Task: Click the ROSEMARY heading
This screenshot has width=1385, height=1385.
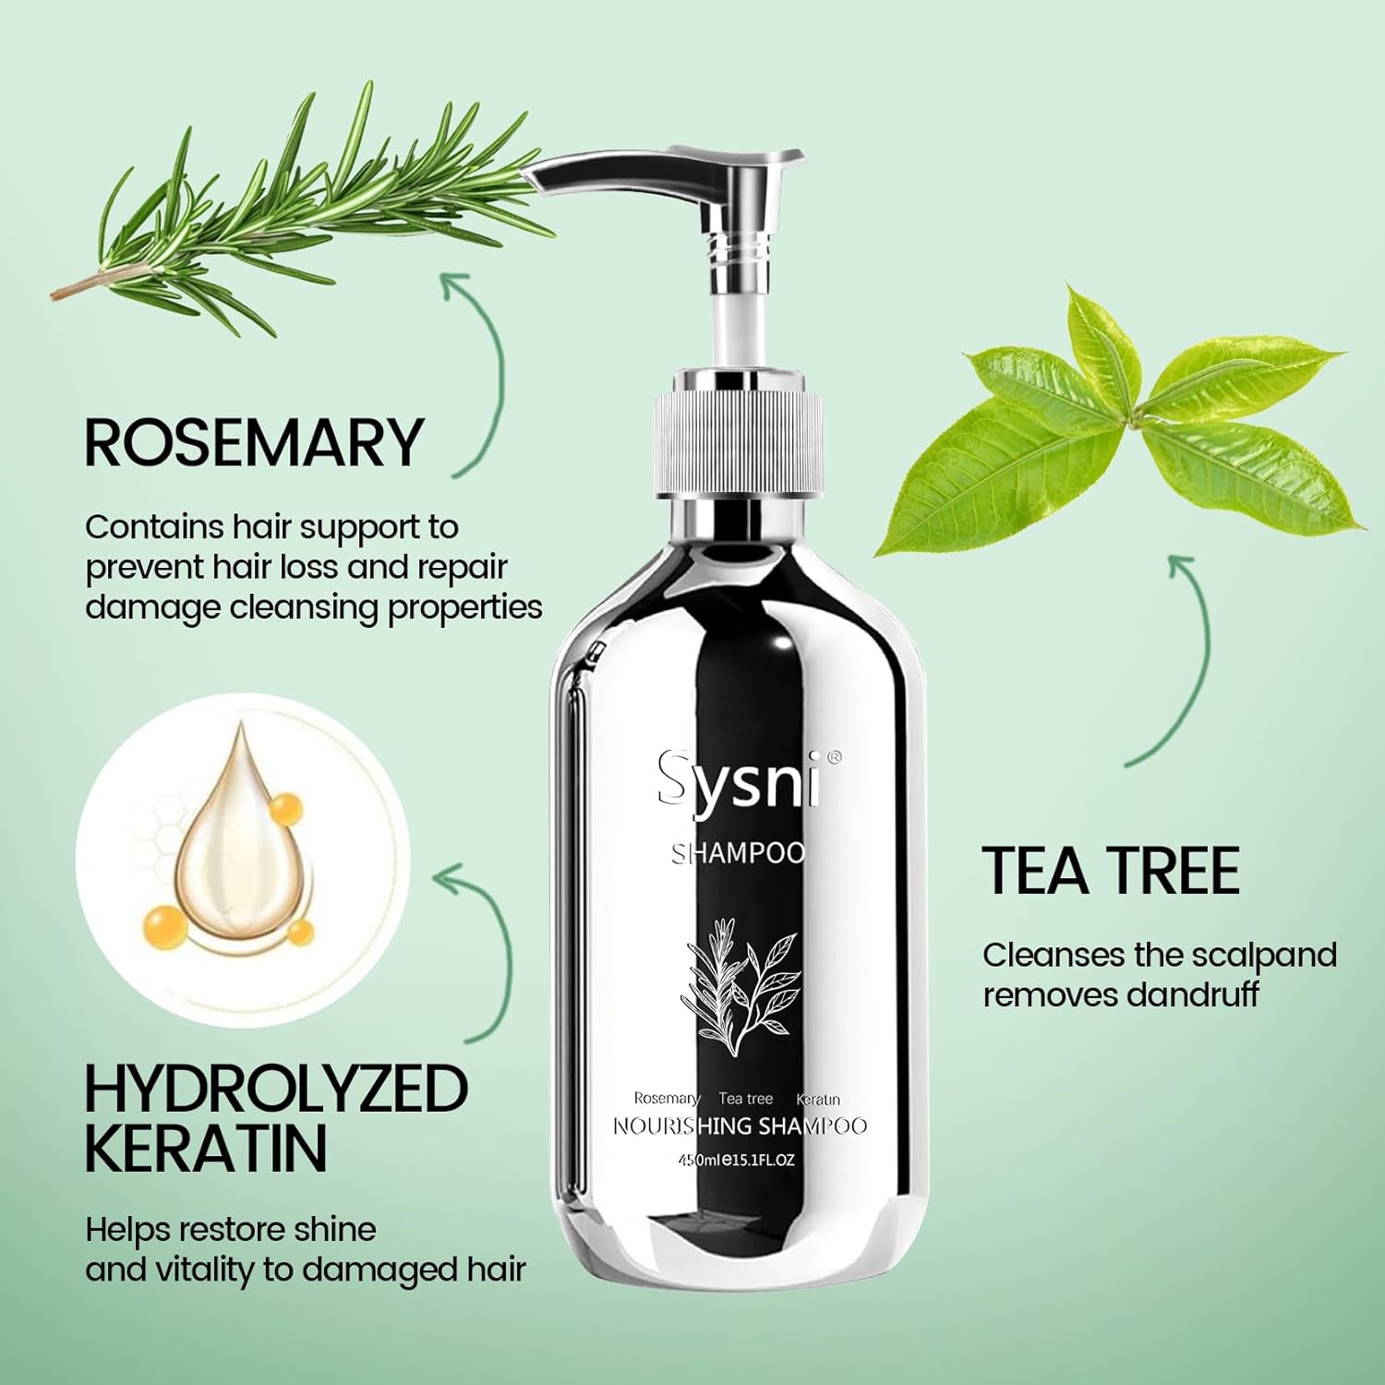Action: (x=253, y=443)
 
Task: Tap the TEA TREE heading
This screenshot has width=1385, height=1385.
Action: (x=1111, y=871)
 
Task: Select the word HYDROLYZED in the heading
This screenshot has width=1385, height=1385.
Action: (x=276, y=1090)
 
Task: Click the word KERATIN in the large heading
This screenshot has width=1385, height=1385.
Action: (x=206, y=1148)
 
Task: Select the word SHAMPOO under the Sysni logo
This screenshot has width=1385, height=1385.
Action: (x=739, y=853)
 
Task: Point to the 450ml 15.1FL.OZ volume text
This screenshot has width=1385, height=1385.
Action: (x=737, y=1160)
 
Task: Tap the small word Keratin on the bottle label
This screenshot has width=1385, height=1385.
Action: (x=818, y=1100)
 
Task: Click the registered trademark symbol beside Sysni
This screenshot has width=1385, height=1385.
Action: (x=834, y=757)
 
